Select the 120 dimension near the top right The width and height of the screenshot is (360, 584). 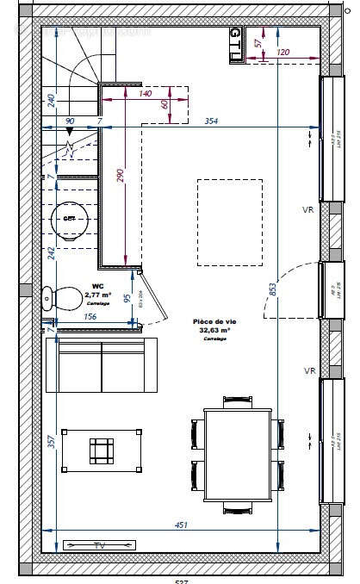[283, 53]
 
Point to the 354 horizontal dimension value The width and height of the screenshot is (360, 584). [211, 121]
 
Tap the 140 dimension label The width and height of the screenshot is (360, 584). [145, 93]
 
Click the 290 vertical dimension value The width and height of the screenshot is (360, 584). [121, 176]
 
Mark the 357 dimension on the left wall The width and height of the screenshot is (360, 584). [51, 442]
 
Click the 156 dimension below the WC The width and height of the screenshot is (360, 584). [89, 316]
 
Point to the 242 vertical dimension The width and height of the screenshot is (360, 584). [51, 252]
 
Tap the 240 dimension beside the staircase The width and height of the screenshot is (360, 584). [51, 101]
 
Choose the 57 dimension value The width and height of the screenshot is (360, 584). [258, 42]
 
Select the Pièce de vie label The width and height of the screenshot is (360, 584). [214, 321]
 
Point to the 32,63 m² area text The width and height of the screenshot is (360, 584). [214, 330]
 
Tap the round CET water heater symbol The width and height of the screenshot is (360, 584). [69, 219]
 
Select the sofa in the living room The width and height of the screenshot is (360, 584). [102, 363]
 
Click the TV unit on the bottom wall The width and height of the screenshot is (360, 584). [100, 545]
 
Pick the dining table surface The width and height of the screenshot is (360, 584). [238, 457]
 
